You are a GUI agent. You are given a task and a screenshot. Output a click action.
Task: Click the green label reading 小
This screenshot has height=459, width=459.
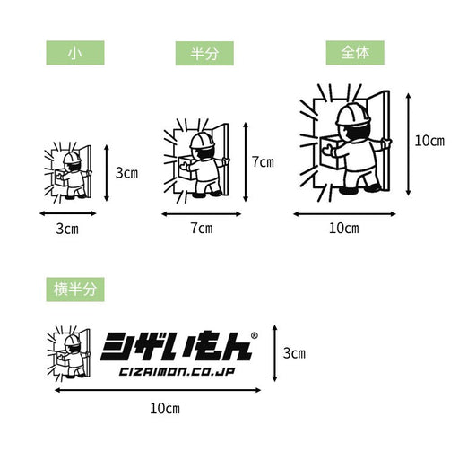(75, 53)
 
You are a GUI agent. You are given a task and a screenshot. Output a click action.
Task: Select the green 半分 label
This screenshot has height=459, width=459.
(204, 54)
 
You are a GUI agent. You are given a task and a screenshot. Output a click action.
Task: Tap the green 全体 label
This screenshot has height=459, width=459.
(355, 53)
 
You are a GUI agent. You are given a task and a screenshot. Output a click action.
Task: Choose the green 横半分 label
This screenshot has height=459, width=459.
(75, 290)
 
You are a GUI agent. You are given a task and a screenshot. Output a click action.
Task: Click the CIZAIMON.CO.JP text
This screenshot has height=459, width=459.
(177, 372)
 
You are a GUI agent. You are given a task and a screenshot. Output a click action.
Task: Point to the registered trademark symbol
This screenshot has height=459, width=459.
(255, 335)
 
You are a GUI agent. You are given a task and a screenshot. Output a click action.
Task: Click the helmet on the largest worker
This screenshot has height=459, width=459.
(353, 115)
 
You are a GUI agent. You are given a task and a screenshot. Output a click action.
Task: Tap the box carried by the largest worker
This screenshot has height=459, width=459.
(333, 152)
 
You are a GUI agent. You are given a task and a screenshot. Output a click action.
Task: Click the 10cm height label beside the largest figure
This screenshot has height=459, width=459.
(429, 141)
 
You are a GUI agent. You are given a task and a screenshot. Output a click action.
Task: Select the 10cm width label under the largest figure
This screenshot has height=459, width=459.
(343, 229)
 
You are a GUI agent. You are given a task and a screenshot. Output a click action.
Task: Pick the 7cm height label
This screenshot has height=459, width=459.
(263, 162)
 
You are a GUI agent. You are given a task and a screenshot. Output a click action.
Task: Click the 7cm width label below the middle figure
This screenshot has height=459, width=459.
(202, 229)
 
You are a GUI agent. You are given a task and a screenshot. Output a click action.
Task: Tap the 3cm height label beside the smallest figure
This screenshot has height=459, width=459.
(126, 173)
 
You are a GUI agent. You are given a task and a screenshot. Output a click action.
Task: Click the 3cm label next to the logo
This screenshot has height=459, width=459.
(294, 353)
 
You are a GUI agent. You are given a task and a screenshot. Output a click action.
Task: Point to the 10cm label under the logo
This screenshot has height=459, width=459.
(165, 409)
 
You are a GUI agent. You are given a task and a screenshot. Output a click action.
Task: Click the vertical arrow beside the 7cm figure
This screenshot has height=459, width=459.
(246, 162)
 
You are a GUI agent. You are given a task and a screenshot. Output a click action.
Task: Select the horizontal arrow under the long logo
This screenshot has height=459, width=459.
(158, 390)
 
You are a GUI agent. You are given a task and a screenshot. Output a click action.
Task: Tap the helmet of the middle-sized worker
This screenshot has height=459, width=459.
(202, 140)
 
